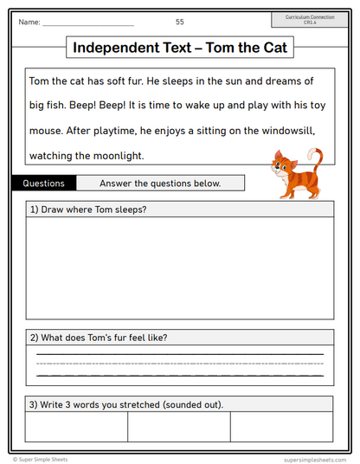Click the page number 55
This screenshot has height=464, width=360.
179,22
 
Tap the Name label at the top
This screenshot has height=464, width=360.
29,22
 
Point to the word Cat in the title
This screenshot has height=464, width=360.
275,48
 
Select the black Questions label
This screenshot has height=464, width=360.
44,184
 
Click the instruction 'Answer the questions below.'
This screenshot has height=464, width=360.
160,184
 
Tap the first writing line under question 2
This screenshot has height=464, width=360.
179,353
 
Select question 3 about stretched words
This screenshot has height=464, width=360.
126,404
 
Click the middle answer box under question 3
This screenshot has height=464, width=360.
179,427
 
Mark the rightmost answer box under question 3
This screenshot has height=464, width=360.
281,427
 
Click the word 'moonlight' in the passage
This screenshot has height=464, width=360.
111,156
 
